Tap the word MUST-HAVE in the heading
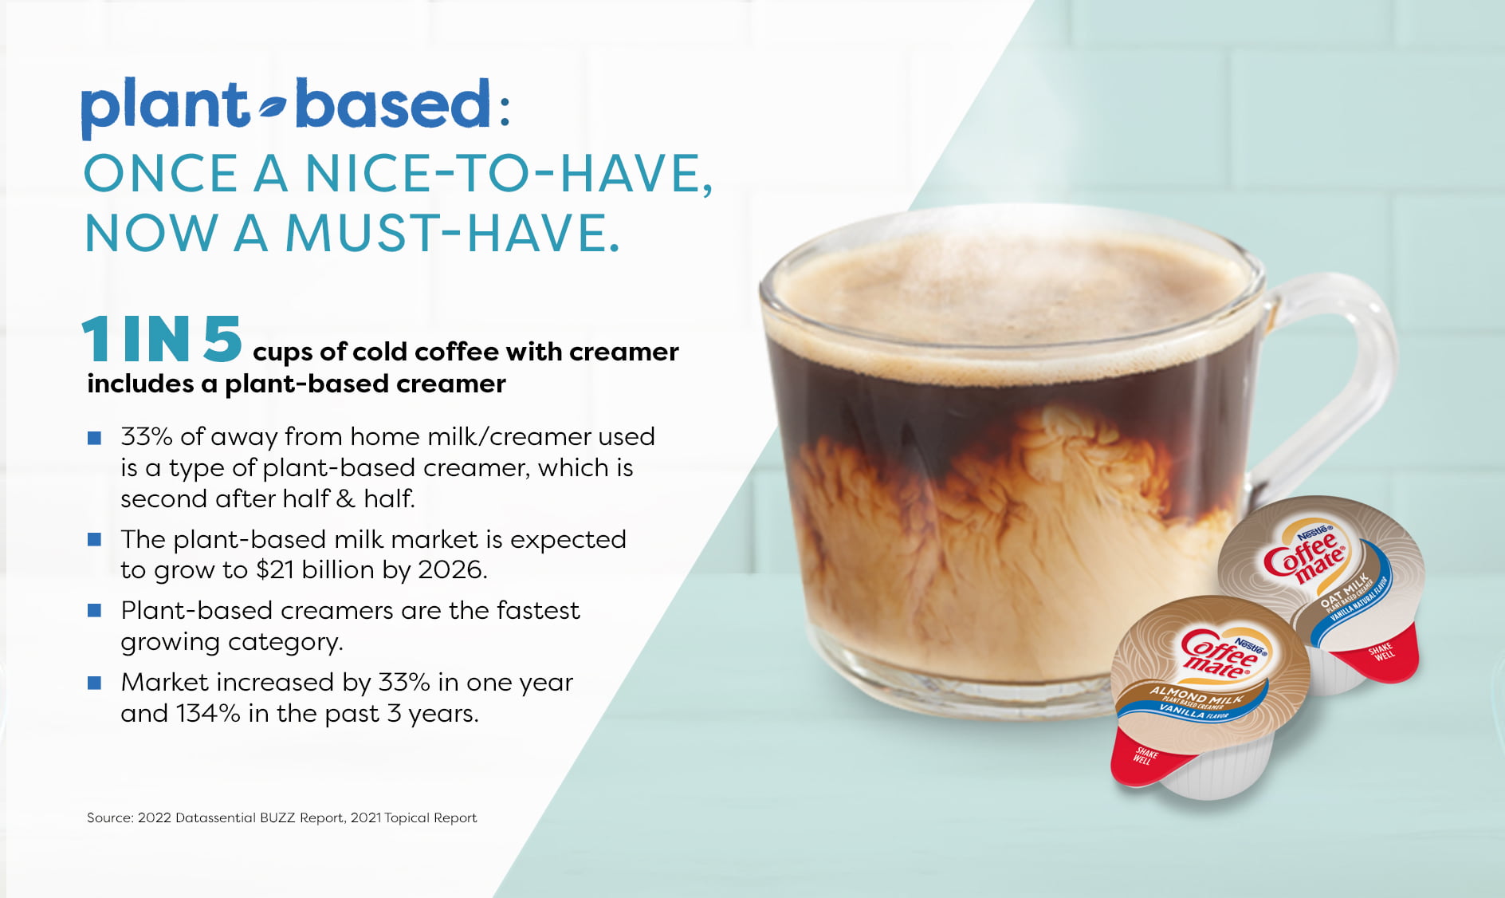pyautogui.click(x=452, y=233)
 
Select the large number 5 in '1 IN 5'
pyautogui.click(x=222, y=339)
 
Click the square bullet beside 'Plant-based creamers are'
pyautogui.click(x=94, y=611)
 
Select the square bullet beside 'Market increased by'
pyautogui.click(x=94, y=683)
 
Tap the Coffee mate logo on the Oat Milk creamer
pyautogui.click(x=1305, y=553)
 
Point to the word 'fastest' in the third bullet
pyautogui.click(x=538, y=610)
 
